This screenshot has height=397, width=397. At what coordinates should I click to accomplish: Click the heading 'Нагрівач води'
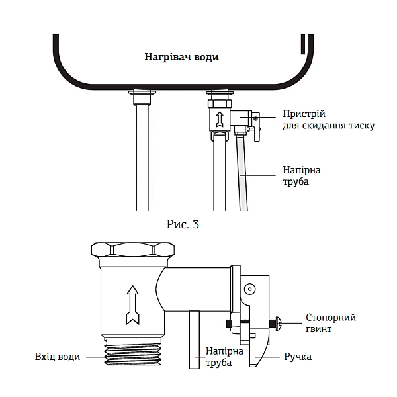click(181, 57)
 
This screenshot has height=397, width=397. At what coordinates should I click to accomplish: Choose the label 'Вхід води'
click(58, 357)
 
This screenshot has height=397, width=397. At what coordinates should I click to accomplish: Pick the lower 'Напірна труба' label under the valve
click(220, 357)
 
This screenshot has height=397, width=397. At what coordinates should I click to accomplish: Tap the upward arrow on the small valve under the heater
click(218, 120)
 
